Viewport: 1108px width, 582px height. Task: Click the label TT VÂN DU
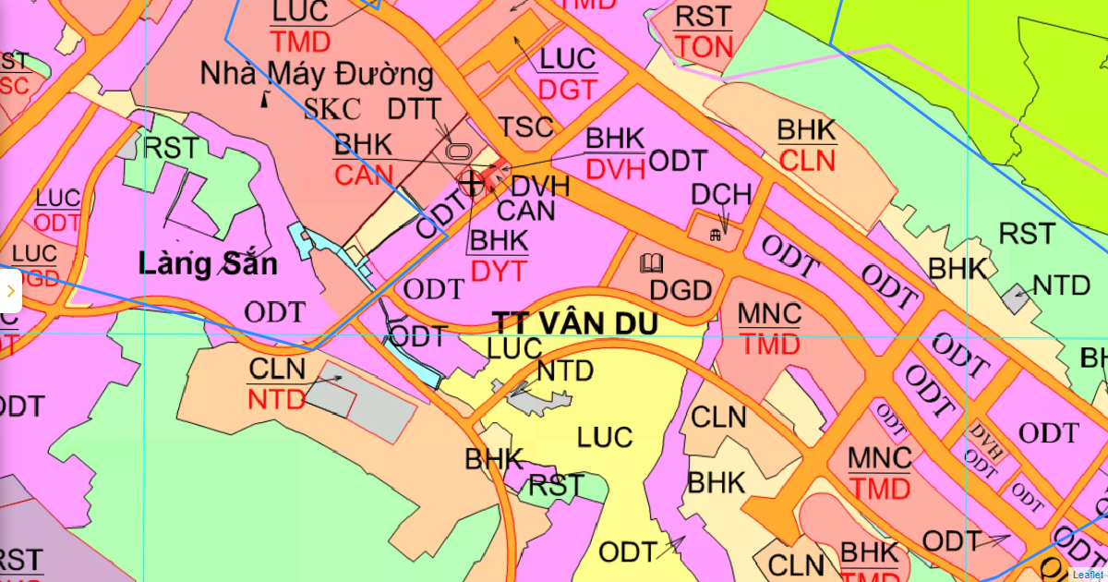[x=575, y=323]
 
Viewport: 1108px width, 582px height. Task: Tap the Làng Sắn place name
[x=208, y=264]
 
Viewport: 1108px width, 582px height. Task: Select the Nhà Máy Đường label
[x=317, y=74]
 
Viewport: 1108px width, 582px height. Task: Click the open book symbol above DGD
[x=651, y=263]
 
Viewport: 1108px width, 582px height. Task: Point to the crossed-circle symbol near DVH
[x=471, y=183]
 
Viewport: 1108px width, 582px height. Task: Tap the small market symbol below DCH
[x=715, y=235]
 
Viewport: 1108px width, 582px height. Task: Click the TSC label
[x=525, y=127]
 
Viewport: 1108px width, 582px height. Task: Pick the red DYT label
[x=498, y=271]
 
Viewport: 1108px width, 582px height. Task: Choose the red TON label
[x=704, y=47]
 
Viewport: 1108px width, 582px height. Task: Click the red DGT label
[x=568, y=90]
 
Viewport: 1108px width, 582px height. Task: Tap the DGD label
[x=680, y=290]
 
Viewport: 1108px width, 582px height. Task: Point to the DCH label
[x=721, y=195]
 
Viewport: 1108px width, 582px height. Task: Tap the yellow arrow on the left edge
[x=10, y=291]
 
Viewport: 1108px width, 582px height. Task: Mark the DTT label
[x=414, y=108]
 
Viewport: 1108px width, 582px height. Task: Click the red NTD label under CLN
[x=276, y=400]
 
